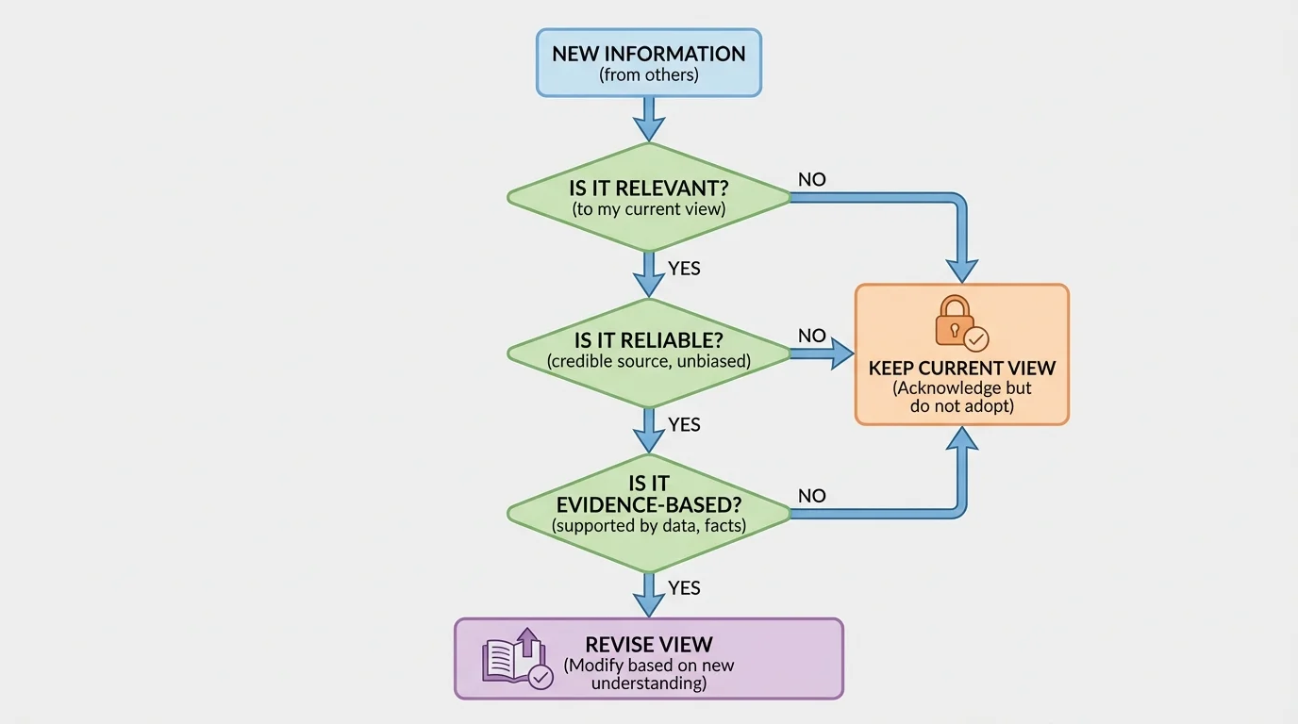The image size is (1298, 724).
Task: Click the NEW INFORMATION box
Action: click(649, 62)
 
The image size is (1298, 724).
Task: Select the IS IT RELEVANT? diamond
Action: click(649, 197)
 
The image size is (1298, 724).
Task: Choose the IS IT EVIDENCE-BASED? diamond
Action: click(649, 512)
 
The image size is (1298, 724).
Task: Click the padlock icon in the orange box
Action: click(955, 321)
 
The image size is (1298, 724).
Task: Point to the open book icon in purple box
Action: click(509, 659)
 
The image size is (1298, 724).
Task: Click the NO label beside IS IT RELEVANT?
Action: click(811, 179)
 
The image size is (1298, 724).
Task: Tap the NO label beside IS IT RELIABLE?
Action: click(811, 336)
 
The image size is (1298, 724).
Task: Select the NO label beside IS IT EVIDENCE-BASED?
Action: click(811, 496)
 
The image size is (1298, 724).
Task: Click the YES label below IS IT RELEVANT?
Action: click(684, 269)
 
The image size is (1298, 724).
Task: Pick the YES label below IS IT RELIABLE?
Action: click(684, 425)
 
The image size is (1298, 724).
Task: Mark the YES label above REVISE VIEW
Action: click(684, 588)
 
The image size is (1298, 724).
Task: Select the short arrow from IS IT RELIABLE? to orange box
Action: click(821, 354)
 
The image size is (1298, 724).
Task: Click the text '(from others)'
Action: click(649, 74)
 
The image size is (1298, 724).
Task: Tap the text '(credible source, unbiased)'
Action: click(649, 361)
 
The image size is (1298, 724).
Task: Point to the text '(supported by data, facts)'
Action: click(649, 526)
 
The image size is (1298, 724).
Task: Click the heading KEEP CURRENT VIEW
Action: click(961, 368)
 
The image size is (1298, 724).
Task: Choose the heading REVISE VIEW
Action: click(649, 645)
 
